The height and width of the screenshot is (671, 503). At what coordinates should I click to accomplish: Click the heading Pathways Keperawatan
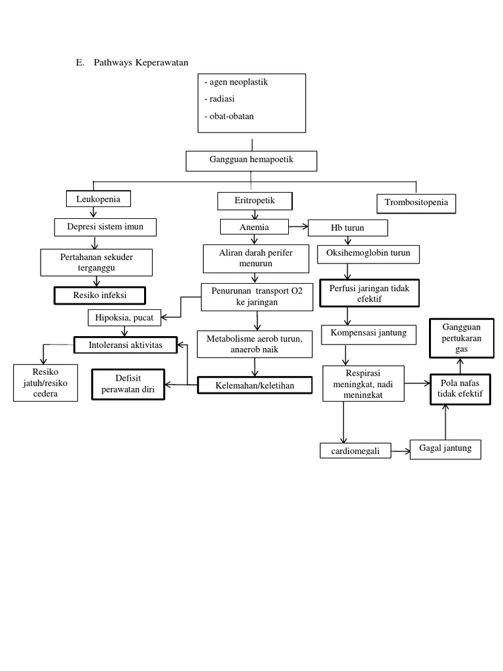point(141,63)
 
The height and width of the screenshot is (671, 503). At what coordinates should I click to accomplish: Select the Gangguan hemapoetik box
point(251,161)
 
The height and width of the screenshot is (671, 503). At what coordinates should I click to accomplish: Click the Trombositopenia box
point(417,203)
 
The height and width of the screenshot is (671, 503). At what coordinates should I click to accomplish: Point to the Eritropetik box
point(255,201)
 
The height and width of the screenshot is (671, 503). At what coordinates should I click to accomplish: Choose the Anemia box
point(254,227)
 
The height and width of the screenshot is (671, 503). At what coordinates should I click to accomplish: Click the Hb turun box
point(348,227)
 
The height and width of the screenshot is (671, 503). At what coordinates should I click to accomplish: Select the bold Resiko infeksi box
point(100,296)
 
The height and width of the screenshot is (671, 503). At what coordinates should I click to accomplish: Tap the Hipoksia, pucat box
point(124,318)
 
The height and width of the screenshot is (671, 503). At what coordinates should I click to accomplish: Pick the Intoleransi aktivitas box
point(125,344)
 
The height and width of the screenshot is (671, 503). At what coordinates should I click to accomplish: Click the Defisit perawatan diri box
point(128,384)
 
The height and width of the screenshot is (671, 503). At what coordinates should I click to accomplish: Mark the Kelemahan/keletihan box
point(255,385)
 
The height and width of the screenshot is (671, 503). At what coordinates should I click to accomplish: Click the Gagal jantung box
point(445,449)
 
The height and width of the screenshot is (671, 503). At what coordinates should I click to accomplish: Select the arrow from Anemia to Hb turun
point(298,227)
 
